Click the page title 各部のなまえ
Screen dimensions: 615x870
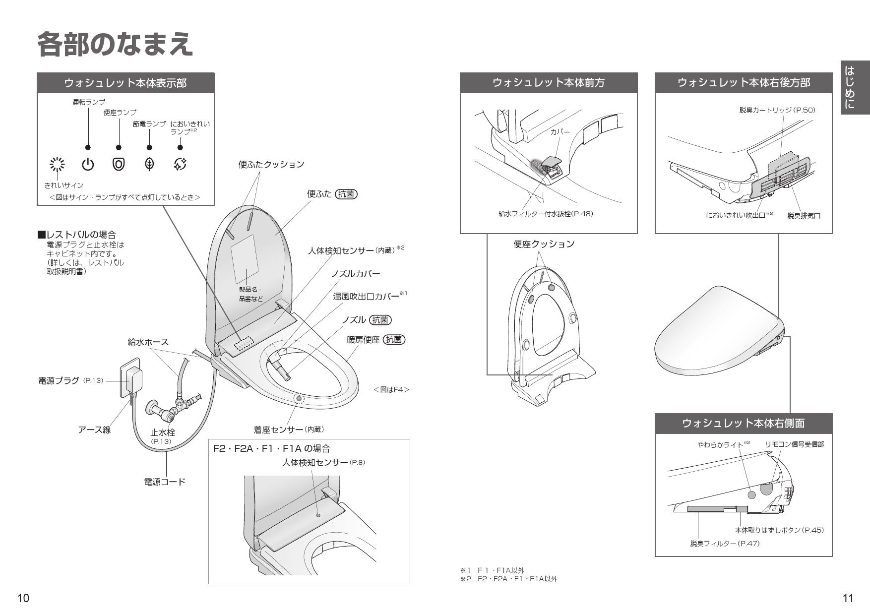[115, 45]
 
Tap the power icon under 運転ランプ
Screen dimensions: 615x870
[88, 164]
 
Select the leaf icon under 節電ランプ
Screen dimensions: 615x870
[149, 164]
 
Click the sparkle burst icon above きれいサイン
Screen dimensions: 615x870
[58, 164]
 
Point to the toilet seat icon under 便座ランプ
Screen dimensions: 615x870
[119, 164]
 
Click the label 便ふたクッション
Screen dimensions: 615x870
[271, 165]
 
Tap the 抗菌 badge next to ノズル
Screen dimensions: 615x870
[380, 320]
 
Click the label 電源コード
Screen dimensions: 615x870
[165, 482]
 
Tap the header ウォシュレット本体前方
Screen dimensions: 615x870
[549, 83]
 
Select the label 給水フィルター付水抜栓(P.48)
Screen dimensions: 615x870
[546, 214]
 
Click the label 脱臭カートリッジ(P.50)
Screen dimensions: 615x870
[777, 110]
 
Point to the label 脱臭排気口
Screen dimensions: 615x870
[804, 216]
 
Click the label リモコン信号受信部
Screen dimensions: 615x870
[794, 444]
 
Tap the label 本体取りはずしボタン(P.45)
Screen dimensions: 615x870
[779, 530]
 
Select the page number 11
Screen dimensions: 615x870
[848, 598]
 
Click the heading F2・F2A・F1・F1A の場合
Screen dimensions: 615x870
[271, 449]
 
